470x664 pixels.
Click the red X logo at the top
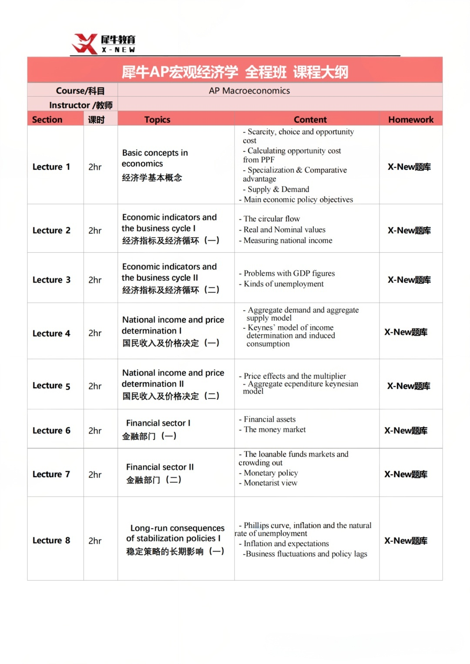point(84,44)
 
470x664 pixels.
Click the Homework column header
point(411,120)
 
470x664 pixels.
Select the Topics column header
point(157,120)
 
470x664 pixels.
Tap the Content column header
point(310,120)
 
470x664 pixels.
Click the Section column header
point(47,120)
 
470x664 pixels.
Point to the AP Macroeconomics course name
point(249,90)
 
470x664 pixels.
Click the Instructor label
point(81,105)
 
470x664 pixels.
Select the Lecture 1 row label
point(51,167)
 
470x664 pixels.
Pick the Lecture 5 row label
point(51,386)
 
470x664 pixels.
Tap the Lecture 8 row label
point(51,541)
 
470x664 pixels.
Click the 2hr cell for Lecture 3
point(95,280)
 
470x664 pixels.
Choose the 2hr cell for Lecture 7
point(95,474)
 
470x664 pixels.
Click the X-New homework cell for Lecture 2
point(409,230)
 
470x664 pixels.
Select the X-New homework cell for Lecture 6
point(406,430)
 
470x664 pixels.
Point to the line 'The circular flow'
point(272,219)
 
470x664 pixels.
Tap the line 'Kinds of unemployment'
point(283,284)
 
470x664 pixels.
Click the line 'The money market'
point(275,430)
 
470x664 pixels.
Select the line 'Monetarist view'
point(270,483)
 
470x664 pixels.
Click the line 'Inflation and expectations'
point(286,544)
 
